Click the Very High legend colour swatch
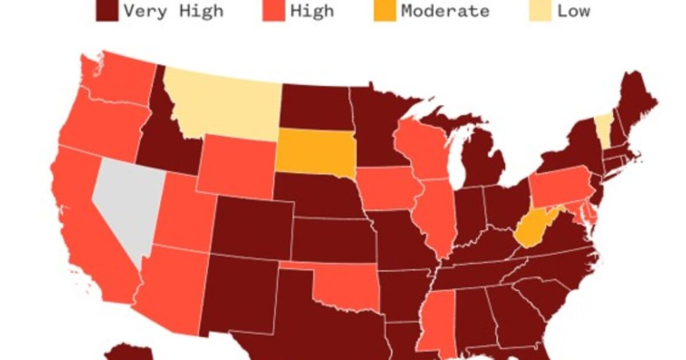pyautogui.click(x=107, y=10)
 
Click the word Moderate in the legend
pyautogui.click(x=445, y=11)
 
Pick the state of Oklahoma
pyautogui.click(x=346, y=287)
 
